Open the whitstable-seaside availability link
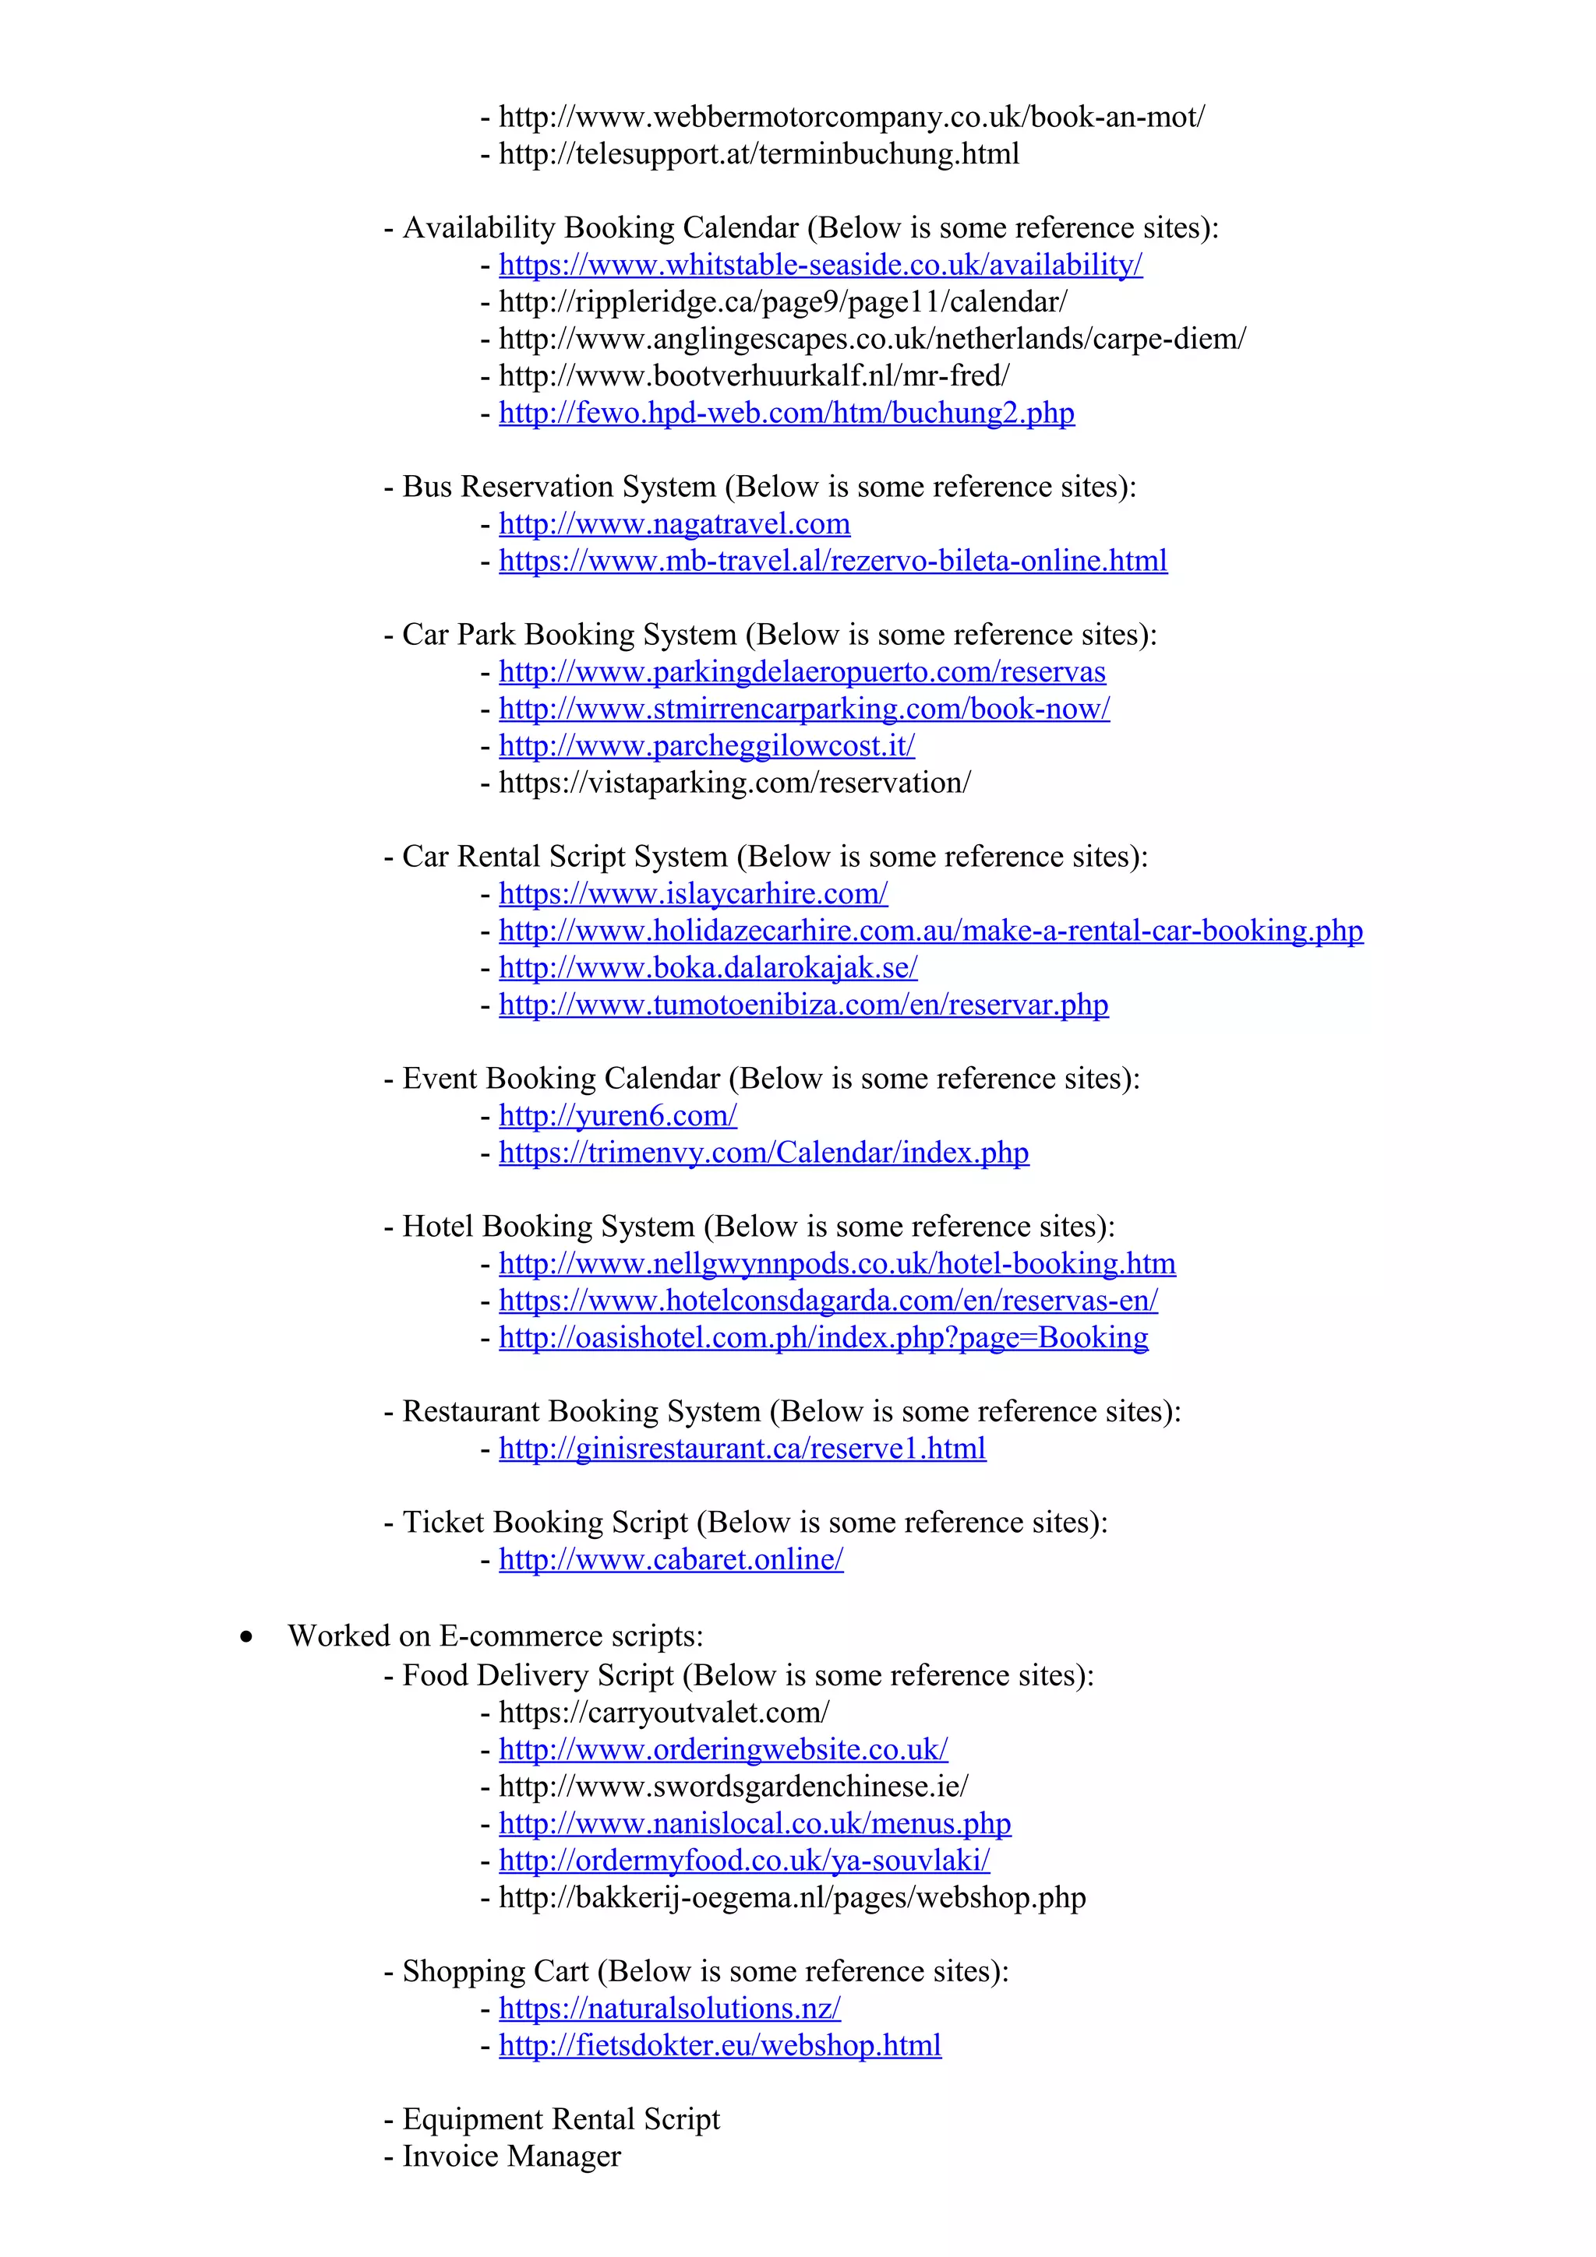pyautogui.click(x=820, y=265)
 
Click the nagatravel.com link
pyautogui.click(x=675, y=524)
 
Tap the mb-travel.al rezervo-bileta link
pyautogui.click(x=833, y=562)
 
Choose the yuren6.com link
pyautogui.click(x=617, y=1116)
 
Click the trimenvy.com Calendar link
pyautogui.click(x=763, y=1153)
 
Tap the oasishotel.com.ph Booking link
pyautogui.click(x=823, y=1338)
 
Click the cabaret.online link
pyautogui.click(x=671, y=1560)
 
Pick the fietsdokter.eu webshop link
pyautogui.click(x=720, y=2046)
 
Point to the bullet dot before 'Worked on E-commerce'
pyautogui.click(x=245, y=1637)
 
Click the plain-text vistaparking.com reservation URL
pyautogui.click(x=735, y=783)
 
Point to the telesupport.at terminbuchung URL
pyautogui.click(x=758, y=154)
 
